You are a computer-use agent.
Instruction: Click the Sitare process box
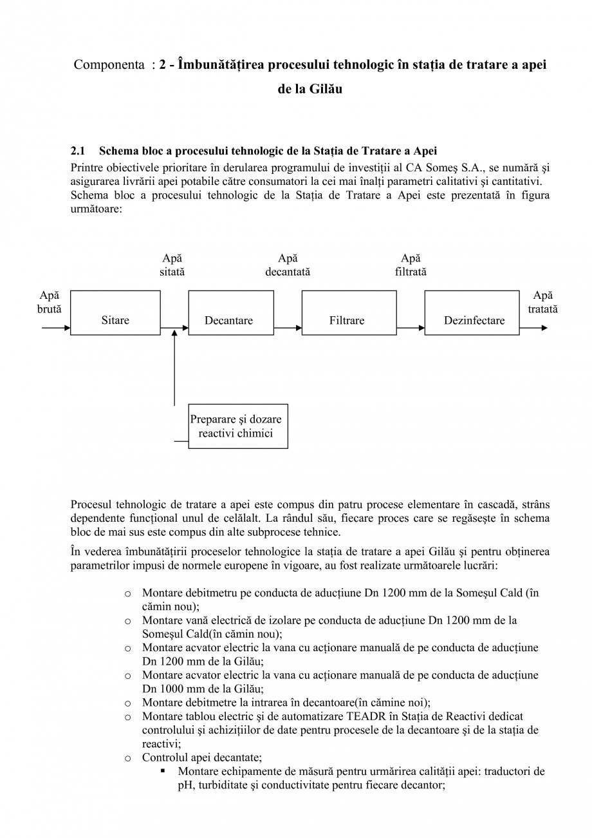point(115,313)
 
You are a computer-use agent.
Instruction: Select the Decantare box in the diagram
point(228,313)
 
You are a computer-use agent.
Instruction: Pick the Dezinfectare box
point(472,313)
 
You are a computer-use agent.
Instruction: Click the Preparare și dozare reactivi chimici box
point(237,426)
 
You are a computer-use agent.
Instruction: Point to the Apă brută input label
point(50,302)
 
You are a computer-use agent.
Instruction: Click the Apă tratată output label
point(542,302)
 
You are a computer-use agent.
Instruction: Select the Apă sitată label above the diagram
point(172,265)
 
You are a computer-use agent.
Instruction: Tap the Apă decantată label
point(288,265)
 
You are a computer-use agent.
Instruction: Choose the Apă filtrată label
point(411,265)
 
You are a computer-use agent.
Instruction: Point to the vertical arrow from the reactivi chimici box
point(174,367)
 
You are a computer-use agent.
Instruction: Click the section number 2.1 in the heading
point(78,151)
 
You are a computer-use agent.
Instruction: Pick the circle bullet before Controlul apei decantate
point(127,758)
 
